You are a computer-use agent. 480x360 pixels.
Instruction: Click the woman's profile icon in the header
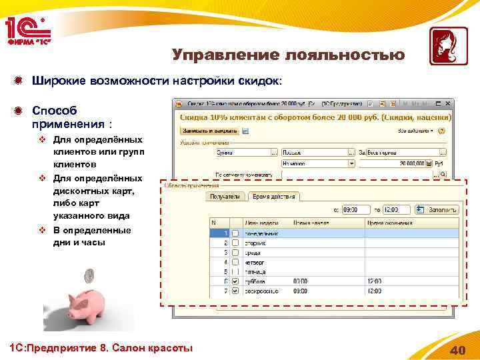coord(443,46)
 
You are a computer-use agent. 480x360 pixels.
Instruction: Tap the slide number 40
coord(457,351)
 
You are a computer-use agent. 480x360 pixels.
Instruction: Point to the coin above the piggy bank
coord(89,274)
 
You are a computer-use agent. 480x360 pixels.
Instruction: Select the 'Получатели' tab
coord(225,197)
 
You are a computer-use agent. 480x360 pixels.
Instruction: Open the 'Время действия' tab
coord(274,197)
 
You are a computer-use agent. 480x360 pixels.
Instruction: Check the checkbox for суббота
coord(234,281)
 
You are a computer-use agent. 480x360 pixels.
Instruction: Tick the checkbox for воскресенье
coord(234,291)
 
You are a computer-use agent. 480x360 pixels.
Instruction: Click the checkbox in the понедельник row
coord(234,233)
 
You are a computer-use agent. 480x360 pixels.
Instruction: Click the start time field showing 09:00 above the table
coord(353,209)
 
